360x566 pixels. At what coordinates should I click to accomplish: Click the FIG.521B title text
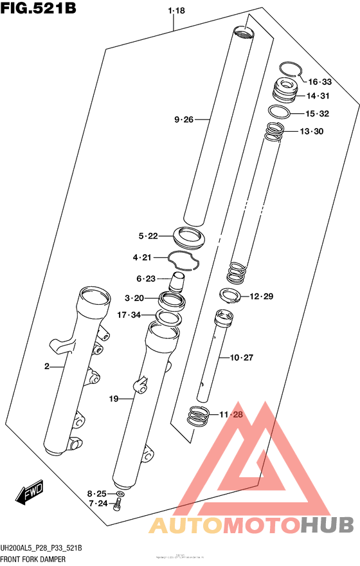pyautogui.click(x=39, y=11)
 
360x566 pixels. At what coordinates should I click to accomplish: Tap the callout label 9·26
pyautogui.click(x=183, y=119)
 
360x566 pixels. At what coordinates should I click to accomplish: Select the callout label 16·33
pyautogui.click(x=319, y=82)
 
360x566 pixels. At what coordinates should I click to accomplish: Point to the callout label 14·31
pyautogui.click(x=318, y=96)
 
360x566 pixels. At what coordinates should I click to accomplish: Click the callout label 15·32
pyautogui.click(x=318, y=114)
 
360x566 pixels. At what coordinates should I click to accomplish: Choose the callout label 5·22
pyautogui.click(x=147, y=236)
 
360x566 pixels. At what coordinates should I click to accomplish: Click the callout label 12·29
pyautogui.click(x=262, y=296)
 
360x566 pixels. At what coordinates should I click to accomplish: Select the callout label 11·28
pyautogui.click(x=232, y=415)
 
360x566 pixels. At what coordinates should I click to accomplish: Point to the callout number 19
pyautogui.click(x=114, y=399)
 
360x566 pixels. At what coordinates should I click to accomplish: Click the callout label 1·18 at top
pyautogui.click(x=175, y=11)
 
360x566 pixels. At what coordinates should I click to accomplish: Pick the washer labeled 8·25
pyautogui.click(x=120, y=494)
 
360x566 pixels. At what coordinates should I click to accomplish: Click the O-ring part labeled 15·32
pyautogui.click(x=278, y=111)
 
